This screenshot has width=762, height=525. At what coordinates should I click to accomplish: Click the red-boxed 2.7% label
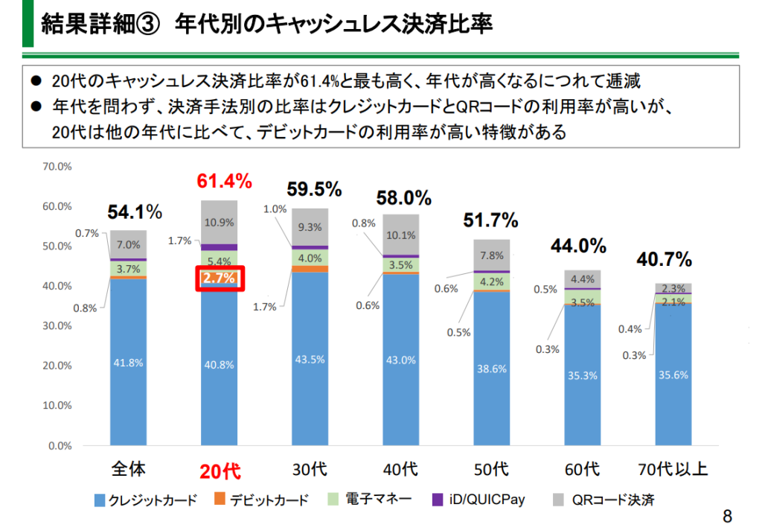coord(220,279)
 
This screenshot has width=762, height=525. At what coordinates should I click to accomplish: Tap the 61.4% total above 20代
coord(224,180)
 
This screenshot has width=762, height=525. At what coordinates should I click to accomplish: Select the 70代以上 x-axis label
coord(673,469)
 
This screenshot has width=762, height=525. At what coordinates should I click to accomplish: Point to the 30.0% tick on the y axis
coord(57,325)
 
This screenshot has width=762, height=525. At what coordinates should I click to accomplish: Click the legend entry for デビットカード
coord(260,500)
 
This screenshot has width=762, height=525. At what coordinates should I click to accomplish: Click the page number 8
coord(727,516)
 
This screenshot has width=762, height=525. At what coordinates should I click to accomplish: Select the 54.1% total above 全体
coord(135,212)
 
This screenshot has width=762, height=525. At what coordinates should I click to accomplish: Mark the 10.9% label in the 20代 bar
coord(220,222)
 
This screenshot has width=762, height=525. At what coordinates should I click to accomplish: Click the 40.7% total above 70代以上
coord(664,260)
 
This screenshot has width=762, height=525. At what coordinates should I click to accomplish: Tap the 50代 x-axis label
coord(491,469)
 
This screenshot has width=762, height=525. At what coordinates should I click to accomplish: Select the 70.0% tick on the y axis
coord(57,166)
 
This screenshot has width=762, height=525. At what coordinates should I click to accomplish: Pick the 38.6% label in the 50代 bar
coord(491,368)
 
